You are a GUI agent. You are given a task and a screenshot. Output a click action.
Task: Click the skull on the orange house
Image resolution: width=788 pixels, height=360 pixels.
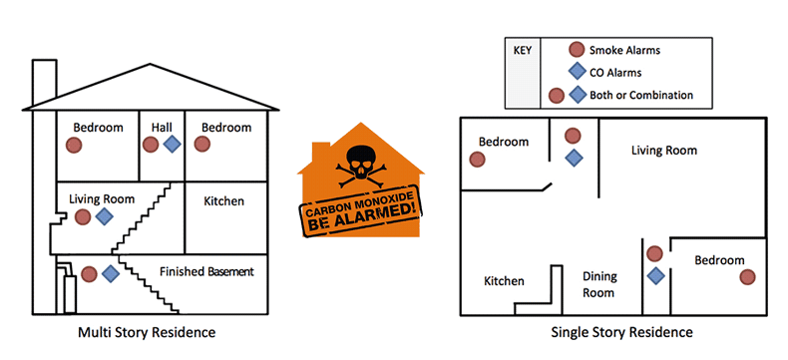click(359, 160)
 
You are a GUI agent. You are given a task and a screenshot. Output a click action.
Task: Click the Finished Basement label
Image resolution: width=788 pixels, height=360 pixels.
click(206, 271)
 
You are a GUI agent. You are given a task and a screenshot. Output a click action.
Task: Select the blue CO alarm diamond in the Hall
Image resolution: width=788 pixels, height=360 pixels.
click(172, 145)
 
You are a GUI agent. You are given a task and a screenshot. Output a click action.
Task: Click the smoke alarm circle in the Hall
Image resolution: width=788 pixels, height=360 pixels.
click(150, 145)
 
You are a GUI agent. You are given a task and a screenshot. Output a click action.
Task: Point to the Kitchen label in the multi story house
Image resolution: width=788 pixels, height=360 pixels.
click(223, 201)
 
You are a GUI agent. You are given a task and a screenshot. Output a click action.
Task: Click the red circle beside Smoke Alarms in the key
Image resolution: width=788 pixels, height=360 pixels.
click(576, 50)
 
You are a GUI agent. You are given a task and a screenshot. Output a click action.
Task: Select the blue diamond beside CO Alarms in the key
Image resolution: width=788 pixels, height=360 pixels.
click(576, 72)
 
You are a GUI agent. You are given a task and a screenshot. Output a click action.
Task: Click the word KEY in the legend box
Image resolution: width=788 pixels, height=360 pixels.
click(523, 49)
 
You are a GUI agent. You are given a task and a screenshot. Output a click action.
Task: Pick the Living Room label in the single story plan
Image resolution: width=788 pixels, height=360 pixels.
click(663, 151)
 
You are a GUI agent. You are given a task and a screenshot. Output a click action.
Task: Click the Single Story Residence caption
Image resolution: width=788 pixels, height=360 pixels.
click(621, 331)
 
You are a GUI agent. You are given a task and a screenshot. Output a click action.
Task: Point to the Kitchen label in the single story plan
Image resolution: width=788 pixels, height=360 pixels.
click(504, 281)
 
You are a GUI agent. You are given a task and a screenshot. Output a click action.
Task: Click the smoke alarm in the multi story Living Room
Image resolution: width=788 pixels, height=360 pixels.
click(83, 217)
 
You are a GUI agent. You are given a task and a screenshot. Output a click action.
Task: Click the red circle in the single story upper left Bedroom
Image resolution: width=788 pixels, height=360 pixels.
click(478, 159)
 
